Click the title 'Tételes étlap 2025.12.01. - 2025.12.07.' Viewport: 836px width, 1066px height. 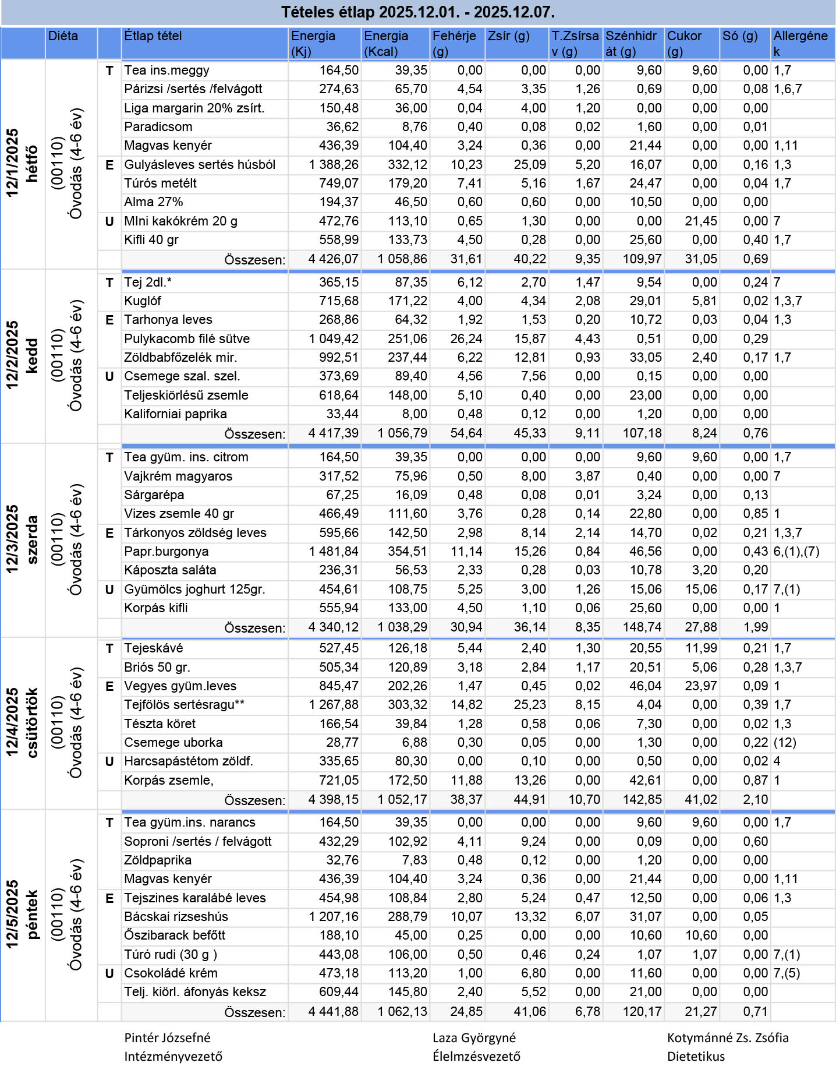coord(417,12)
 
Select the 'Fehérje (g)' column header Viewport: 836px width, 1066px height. coord(454,43)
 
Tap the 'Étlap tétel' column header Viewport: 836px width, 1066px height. coord(153,36)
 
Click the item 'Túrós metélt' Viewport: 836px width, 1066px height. coord(160,183)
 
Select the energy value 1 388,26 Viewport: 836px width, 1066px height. coord(334,165)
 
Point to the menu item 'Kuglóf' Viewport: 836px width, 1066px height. coord(143,301)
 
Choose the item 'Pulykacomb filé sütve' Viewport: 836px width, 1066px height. coord(187,339)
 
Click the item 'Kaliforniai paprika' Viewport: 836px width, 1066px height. coord(175,414)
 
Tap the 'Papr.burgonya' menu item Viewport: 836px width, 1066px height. coord(166,552)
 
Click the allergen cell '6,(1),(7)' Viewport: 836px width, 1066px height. coord(796,552)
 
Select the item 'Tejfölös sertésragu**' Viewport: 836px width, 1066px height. coord(184,705)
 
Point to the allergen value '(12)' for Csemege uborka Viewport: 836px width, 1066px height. coord(785,743)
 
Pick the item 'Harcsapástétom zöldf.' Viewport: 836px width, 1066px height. coord(189,761)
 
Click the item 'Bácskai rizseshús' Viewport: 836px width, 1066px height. coord(176,917)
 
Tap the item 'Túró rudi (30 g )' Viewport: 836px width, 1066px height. coord(171,955)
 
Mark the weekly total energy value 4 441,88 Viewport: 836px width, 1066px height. coord(334,1012)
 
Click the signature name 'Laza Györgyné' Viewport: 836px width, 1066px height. coord(474,1038)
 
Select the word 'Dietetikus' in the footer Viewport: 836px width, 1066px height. coord(696,1057)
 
